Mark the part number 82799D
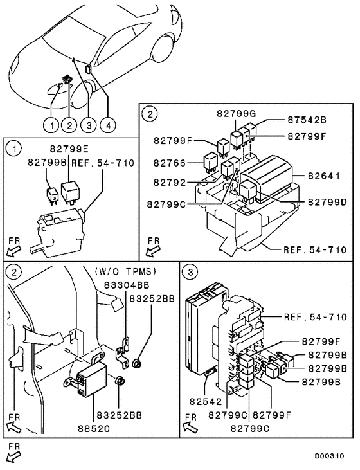(x=327, y=203)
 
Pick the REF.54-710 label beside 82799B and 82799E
(x=103, y=163)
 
